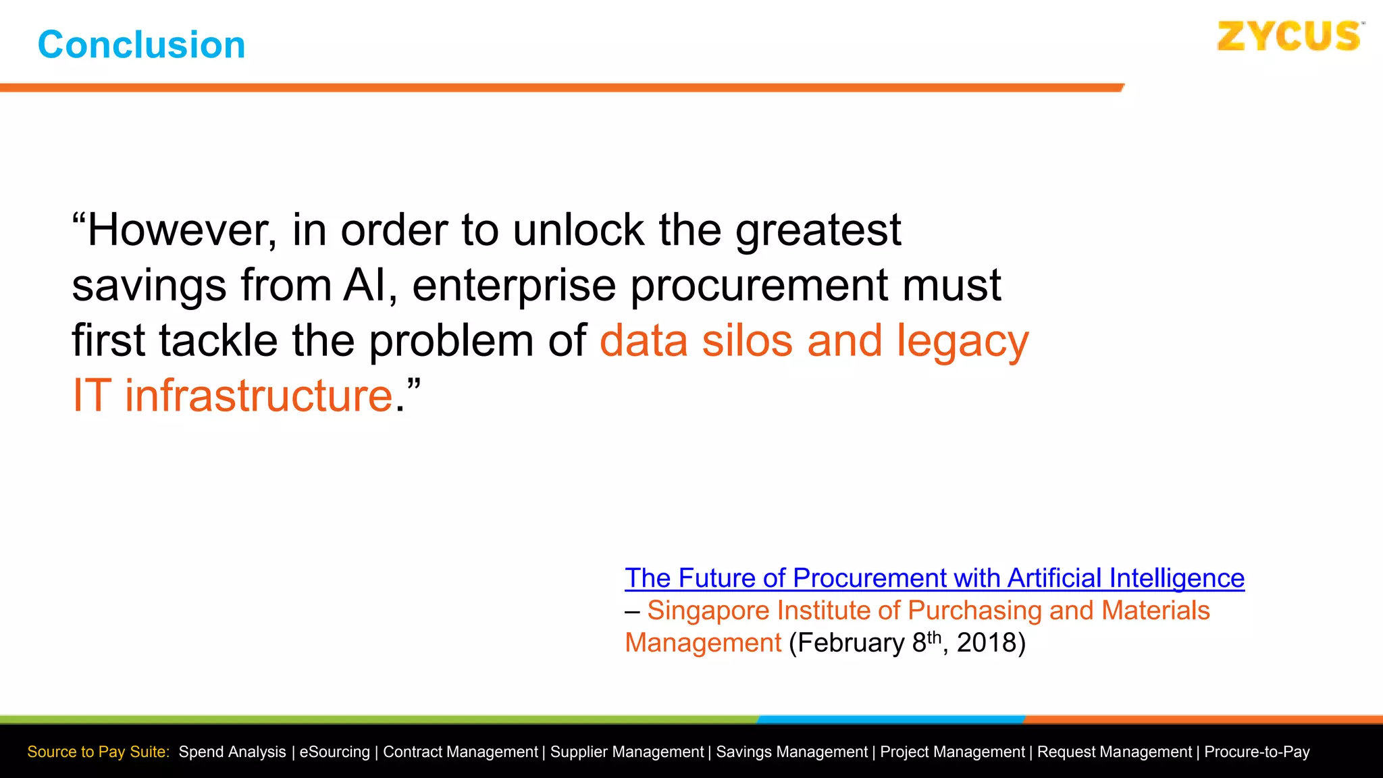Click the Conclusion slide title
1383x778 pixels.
[x=141, y=45]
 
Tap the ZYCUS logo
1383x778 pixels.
[x=1288, y=36]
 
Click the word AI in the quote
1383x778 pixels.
[x=365, y=285]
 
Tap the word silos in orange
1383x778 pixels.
[x=748, y=340]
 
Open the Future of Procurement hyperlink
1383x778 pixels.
[x=934, y=578]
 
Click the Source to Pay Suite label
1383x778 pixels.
[x=99, y=752]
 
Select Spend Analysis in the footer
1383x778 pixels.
[x=232, y=752]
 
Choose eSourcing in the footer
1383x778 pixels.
[x=334, y=752]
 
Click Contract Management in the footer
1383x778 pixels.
[x=460, y=752]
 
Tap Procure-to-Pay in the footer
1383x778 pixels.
[x=1256, y=752]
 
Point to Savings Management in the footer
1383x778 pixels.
[x=791, y=752]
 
